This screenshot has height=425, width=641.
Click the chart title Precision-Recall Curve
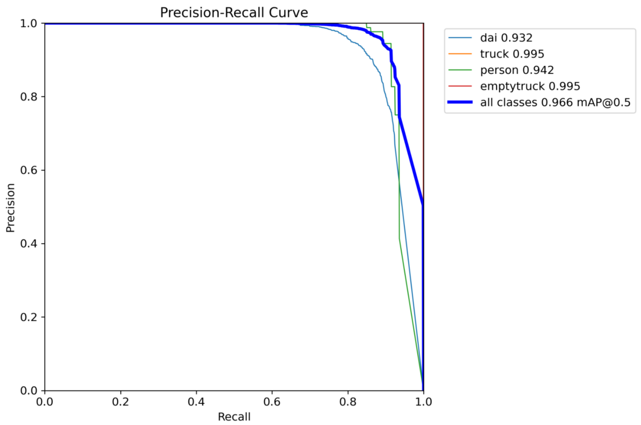234,13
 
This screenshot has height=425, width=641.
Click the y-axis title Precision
10,208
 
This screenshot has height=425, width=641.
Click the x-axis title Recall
234,417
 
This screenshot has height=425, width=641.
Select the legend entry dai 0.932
506,38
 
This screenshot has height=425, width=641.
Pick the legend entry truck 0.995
512,54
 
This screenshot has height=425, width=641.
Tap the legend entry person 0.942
517,70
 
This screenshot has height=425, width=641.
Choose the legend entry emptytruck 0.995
530,86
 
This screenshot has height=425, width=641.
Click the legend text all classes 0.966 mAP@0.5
555,102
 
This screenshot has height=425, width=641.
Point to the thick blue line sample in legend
460,102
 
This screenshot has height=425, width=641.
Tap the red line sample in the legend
460,86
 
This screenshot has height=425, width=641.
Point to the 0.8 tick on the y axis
29,97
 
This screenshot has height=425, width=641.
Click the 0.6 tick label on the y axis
29,170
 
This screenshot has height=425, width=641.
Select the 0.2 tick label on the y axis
29,317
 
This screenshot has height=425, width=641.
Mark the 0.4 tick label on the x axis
196,402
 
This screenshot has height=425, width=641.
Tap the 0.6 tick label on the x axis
272,402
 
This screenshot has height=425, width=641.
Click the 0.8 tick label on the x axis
348,402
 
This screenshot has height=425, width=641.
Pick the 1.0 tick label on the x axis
423,402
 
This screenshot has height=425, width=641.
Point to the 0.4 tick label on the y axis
29,244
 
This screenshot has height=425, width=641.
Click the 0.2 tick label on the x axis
120,402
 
